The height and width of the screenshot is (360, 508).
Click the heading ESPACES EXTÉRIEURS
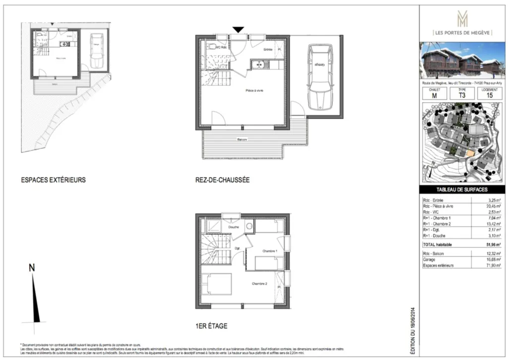pyautogui.click(x=53, y=180)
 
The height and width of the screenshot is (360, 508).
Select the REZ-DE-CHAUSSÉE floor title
pyautogui.click(x=222, y=180)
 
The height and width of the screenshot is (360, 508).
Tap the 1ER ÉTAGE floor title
pyautogui.click(x=211, y=326)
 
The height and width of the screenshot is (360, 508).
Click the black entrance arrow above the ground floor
pyautogui.click(x=238, y=30)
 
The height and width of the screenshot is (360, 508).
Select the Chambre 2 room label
pyautogui.click(x=259, y=284)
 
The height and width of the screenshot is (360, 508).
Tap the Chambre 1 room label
pyautogui.click(x=269, y=251)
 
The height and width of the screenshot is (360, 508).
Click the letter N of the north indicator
pyautogui.click(x=32, y=268)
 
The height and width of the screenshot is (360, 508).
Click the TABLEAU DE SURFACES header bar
pyautogui.click(x=461, y=190)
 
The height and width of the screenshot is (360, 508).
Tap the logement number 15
pyautogui.click(x=490, y=96)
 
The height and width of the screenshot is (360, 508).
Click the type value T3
pyautogui.click(x=462, y=96)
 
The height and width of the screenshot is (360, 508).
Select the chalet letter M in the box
pyautogui.click(x=434, y=96)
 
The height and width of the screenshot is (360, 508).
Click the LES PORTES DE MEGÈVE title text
pyautogui.click(x=462, y=33)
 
